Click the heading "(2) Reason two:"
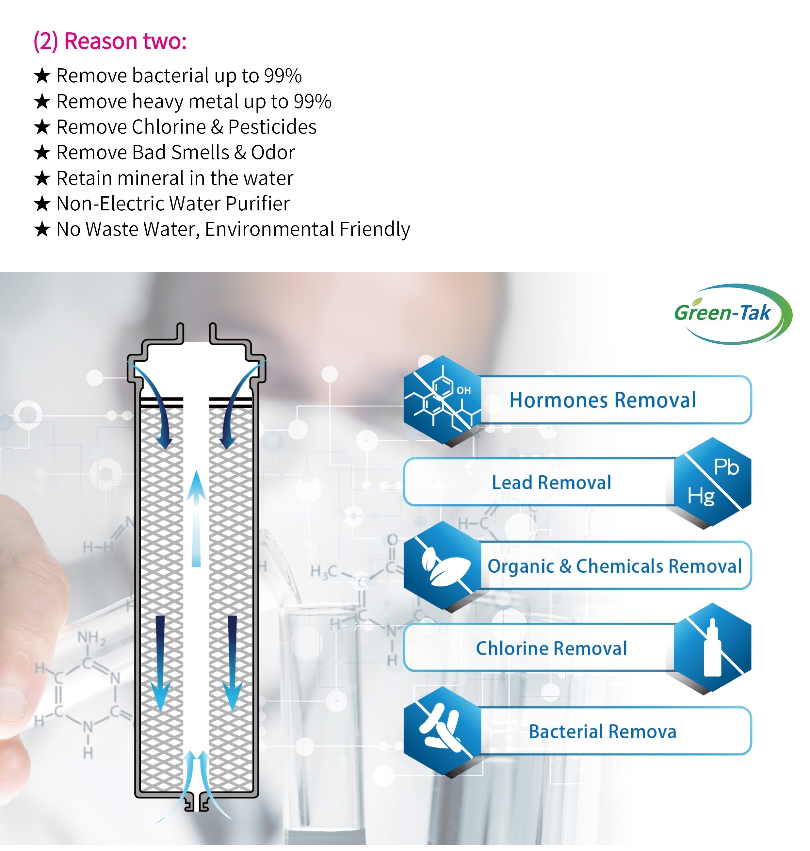[x=110, y=41]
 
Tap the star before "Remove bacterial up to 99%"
[x=42, y=76]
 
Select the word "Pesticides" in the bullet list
[x=272, y=127]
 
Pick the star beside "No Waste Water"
[x=42, y=229]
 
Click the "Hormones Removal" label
[x=602, y=400]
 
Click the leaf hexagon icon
[x=443, y=565]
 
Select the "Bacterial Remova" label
[x=602, y=731]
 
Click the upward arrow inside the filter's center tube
[x=196, y=518]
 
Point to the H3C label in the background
[x=323, y=572]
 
